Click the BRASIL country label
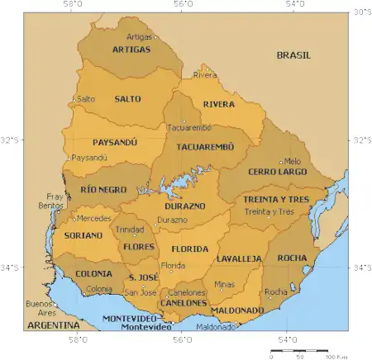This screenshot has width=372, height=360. (293, 55)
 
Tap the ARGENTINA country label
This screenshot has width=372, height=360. (48, 326)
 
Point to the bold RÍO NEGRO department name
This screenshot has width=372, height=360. (104, 189)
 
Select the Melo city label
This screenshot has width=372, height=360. (293, 161)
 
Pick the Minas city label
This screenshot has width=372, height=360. (224, 284)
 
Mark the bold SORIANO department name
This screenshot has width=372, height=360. (83, 235)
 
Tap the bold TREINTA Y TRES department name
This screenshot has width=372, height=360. (274, 200)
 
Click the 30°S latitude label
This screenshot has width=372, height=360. (362, 12)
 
